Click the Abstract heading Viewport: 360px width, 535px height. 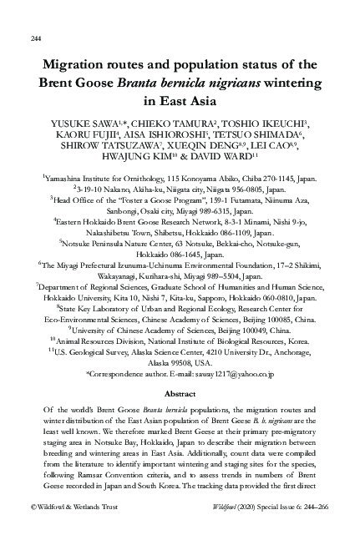(x=180, y=392)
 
